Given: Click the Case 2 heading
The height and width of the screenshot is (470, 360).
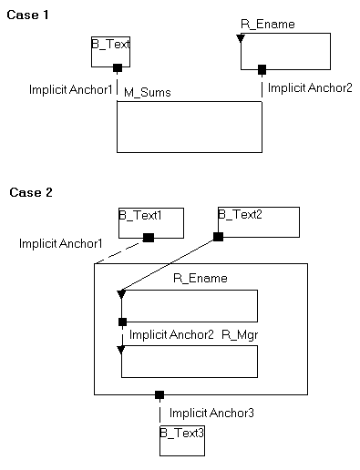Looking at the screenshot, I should click(31, 192).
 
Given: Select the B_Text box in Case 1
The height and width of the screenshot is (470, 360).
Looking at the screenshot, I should click(111, 51).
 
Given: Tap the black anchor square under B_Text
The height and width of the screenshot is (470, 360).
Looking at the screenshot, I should click(118, 68).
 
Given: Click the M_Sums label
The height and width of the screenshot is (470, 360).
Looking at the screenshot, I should click(147, 92).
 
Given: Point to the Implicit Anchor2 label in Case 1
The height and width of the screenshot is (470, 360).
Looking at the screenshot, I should click(310, 88).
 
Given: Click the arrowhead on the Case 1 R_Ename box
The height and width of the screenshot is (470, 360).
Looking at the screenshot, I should click(241, 39).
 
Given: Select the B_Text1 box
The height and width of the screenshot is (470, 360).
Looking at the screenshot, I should click(151, 222).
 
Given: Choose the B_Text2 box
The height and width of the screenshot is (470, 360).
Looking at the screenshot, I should click(258, 221).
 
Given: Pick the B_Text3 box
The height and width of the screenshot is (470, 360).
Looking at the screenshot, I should click(181, 440).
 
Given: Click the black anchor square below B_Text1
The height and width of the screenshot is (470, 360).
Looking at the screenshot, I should click(149, 238).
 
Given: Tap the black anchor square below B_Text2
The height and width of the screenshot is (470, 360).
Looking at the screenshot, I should click(218, 237).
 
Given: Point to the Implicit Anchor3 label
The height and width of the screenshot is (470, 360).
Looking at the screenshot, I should click(211, 413).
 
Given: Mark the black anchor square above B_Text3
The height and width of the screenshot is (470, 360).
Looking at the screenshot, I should click(159, 395).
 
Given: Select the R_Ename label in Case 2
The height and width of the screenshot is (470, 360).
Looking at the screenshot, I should click(200, 278).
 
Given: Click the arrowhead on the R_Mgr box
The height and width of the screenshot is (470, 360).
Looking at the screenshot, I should click(121, 349).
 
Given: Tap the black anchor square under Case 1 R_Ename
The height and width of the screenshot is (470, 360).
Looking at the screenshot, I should click(262, 69).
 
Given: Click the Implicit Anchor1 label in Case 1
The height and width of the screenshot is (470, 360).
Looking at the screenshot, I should click(71, 89).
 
